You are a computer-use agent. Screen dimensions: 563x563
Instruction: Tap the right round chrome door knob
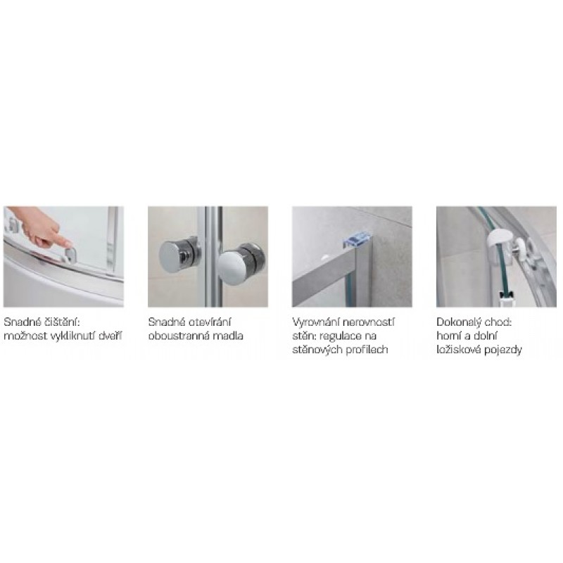pos(241,262)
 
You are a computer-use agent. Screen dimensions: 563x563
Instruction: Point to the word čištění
pos(62,322)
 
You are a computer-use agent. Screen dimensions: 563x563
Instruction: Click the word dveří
pos(110,336)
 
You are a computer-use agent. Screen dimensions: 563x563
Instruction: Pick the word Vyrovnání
pos(315,322)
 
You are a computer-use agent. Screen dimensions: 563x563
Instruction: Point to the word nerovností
pos(368,322)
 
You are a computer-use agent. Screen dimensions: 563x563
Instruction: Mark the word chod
pos(498,322)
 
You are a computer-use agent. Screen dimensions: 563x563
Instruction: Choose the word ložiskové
pos(459,350)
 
